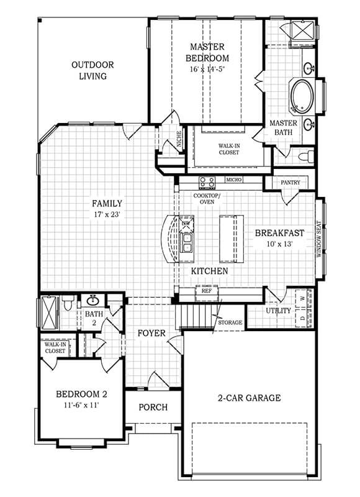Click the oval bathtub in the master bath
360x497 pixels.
[302, 96]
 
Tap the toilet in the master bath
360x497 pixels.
[306, 157]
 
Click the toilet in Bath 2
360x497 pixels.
[68, 303]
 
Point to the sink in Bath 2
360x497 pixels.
[92, 299]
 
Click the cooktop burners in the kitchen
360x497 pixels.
[207, 183]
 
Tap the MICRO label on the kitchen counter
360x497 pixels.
[234, 180]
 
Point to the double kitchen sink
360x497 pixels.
[186, 242]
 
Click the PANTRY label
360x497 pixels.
[290, 183]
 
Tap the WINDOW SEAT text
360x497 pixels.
[319, 239]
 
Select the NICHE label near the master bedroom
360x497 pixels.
[179, 139]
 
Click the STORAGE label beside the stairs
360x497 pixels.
[230, 322]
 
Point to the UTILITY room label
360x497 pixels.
[278, 311]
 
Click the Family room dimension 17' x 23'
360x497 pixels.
[107, 214]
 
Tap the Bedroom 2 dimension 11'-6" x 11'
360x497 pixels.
[82, 405]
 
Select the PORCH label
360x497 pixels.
[153, 408]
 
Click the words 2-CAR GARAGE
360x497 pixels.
[249, 398]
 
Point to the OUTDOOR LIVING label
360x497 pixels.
[92, 70]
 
